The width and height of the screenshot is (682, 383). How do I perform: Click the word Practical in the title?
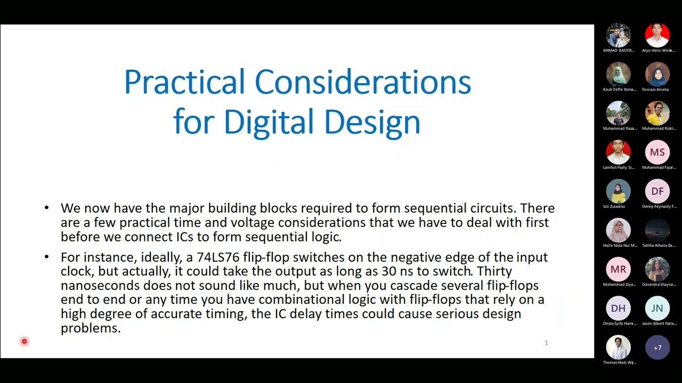point(184,82)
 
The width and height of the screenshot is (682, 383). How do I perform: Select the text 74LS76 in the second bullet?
point(218,257)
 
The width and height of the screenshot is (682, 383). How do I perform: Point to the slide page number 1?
point(546,343)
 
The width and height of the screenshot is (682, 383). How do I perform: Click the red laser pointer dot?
point(24,341)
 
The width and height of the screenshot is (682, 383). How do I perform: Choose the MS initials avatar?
point(657,153)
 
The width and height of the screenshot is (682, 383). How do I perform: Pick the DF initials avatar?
point(657,191)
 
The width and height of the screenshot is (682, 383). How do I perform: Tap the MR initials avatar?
point(618,269)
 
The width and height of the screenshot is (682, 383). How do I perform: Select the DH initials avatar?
point(618,308)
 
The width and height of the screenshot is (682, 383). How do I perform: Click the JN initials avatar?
point(657,308)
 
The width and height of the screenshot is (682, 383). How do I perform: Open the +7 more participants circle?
point(657,347)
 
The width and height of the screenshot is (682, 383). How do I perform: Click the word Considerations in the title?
point(363,82)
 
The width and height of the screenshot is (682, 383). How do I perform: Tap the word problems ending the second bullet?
point(91,328)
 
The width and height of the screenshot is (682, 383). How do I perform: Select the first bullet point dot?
point(47,208)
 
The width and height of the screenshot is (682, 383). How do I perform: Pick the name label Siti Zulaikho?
point(614,206)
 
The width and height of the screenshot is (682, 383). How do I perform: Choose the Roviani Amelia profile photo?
point(657,74)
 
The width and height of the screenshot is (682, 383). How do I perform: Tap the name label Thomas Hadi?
point(619,362)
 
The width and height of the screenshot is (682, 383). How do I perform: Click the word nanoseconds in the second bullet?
point(100,286)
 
